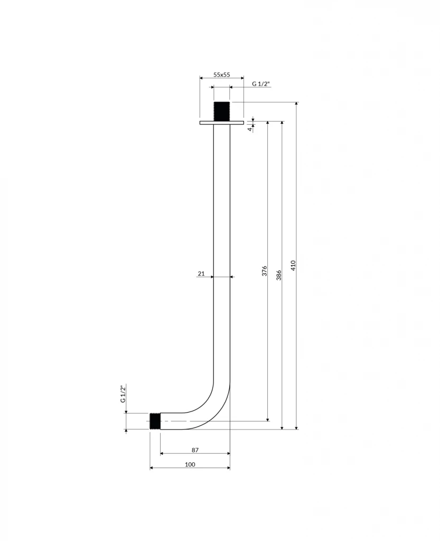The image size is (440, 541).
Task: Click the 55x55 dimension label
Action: (221, 75)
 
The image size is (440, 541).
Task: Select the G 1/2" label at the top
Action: (261, 83)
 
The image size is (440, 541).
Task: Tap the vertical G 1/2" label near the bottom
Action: (123, 394)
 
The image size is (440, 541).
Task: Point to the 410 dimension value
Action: (293, 265)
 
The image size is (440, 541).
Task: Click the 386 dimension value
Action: (279, 275)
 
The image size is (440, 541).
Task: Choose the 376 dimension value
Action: (265, 272)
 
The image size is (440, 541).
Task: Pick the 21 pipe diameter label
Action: (201, 273)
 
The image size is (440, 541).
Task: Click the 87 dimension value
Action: (195, 450)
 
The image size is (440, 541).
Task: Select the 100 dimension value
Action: (190, 464)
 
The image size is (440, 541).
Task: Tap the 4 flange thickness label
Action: (250, 128)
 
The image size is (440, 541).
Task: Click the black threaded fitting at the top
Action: (222, 111)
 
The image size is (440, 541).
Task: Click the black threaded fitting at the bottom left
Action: (155, 421)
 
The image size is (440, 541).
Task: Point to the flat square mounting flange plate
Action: (222, 123)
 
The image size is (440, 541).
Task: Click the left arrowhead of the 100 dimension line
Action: (152, 468)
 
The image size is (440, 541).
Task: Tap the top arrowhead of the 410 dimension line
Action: (296, 104)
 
